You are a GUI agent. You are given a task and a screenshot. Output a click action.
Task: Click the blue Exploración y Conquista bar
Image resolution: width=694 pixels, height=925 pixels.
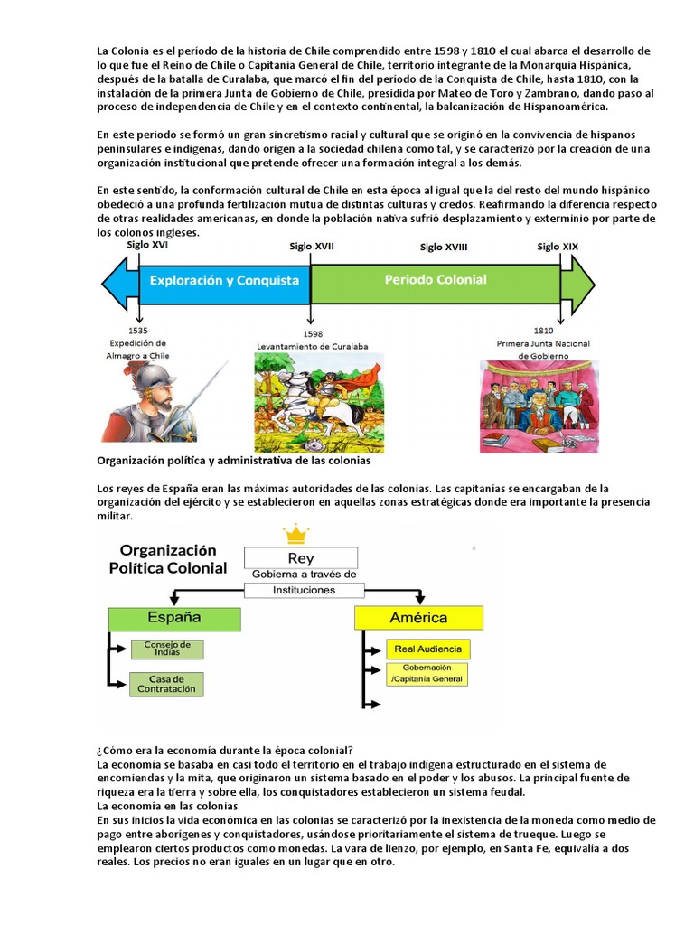click(x=224, y=280)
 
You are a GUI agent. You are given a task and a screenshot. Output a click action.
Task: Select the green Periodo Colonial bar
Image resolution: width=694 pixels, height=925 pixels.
click(x=436, y=280)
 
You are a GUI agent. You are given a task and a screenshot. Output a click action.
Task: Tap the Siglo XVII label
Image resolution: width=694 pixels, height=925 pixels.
click(x=312, y=247)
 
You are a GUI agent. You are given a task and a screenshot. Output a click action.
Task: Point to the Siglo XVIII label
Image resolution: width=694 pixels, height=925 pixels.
click(x=444, y=248)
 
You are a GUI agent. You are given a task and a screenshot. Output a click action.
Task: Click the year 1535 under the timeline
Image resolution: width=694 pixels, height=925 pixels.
click(x=139, y=332)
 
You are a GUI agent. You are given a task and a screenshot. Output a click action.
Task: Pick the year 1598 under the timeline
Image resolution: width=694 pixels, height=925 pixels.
click(x=313, y=333)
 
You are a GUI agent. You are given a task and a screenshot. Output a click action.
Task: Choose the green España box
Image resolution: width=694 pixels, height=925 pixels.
click(x=174, y=619)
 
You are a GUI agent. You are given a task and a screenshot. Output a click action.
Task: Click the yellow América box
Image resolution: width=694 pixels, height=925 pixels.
click(x=418, y=618)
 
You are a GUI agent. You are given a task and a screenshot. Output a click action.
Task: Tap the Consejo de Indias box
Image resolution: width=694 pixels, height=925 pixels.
click(x=167, y=649)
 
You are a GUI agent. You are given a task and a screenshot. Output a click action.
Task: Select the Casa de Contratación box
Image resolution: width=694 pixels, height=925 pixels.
click(x=167, y=684)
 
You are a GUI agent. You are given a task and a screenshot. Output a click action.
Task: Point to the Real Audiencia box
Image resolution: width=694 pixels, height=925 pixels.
click(x=427, y=649)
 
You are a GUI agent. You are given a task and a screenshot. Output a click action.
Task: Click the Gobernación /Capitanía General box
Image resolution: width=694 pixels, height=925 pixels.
click(x=427, y=674)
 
